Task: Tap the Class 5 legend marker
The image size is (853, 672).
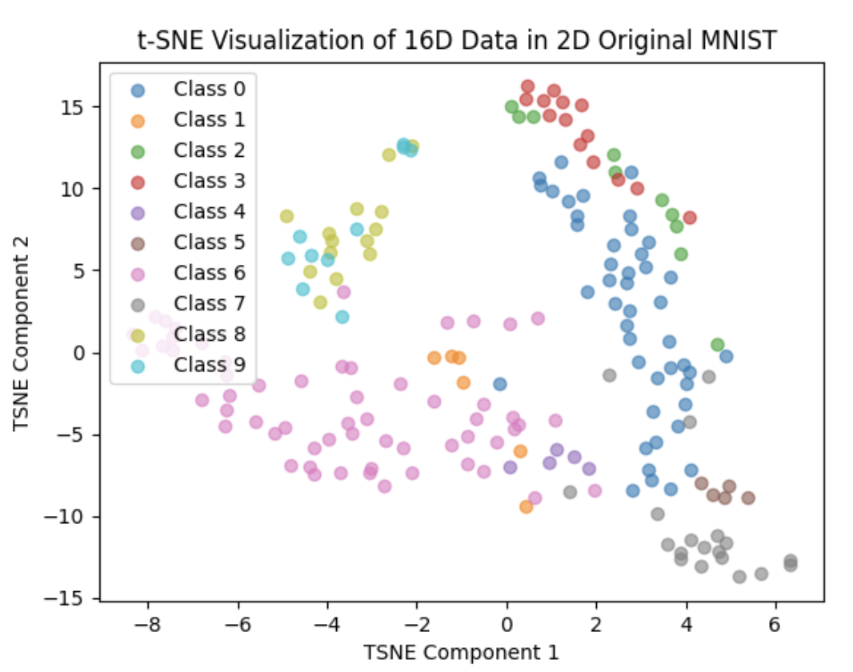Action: click(x=138, y=243)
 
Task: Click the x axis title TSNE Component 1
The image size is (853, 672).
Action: click(x=461, y=652)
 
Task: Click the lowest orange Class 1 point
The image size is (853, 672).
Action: click(x=526, y=506)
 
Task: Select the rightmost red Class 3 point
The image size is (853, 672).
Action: click(x=690, y=218)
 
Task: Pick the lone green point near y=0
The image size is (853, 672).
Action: click(x=718, y=345)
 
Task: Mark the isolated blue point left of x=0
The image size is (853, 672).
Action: click(x=500, y=384)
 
